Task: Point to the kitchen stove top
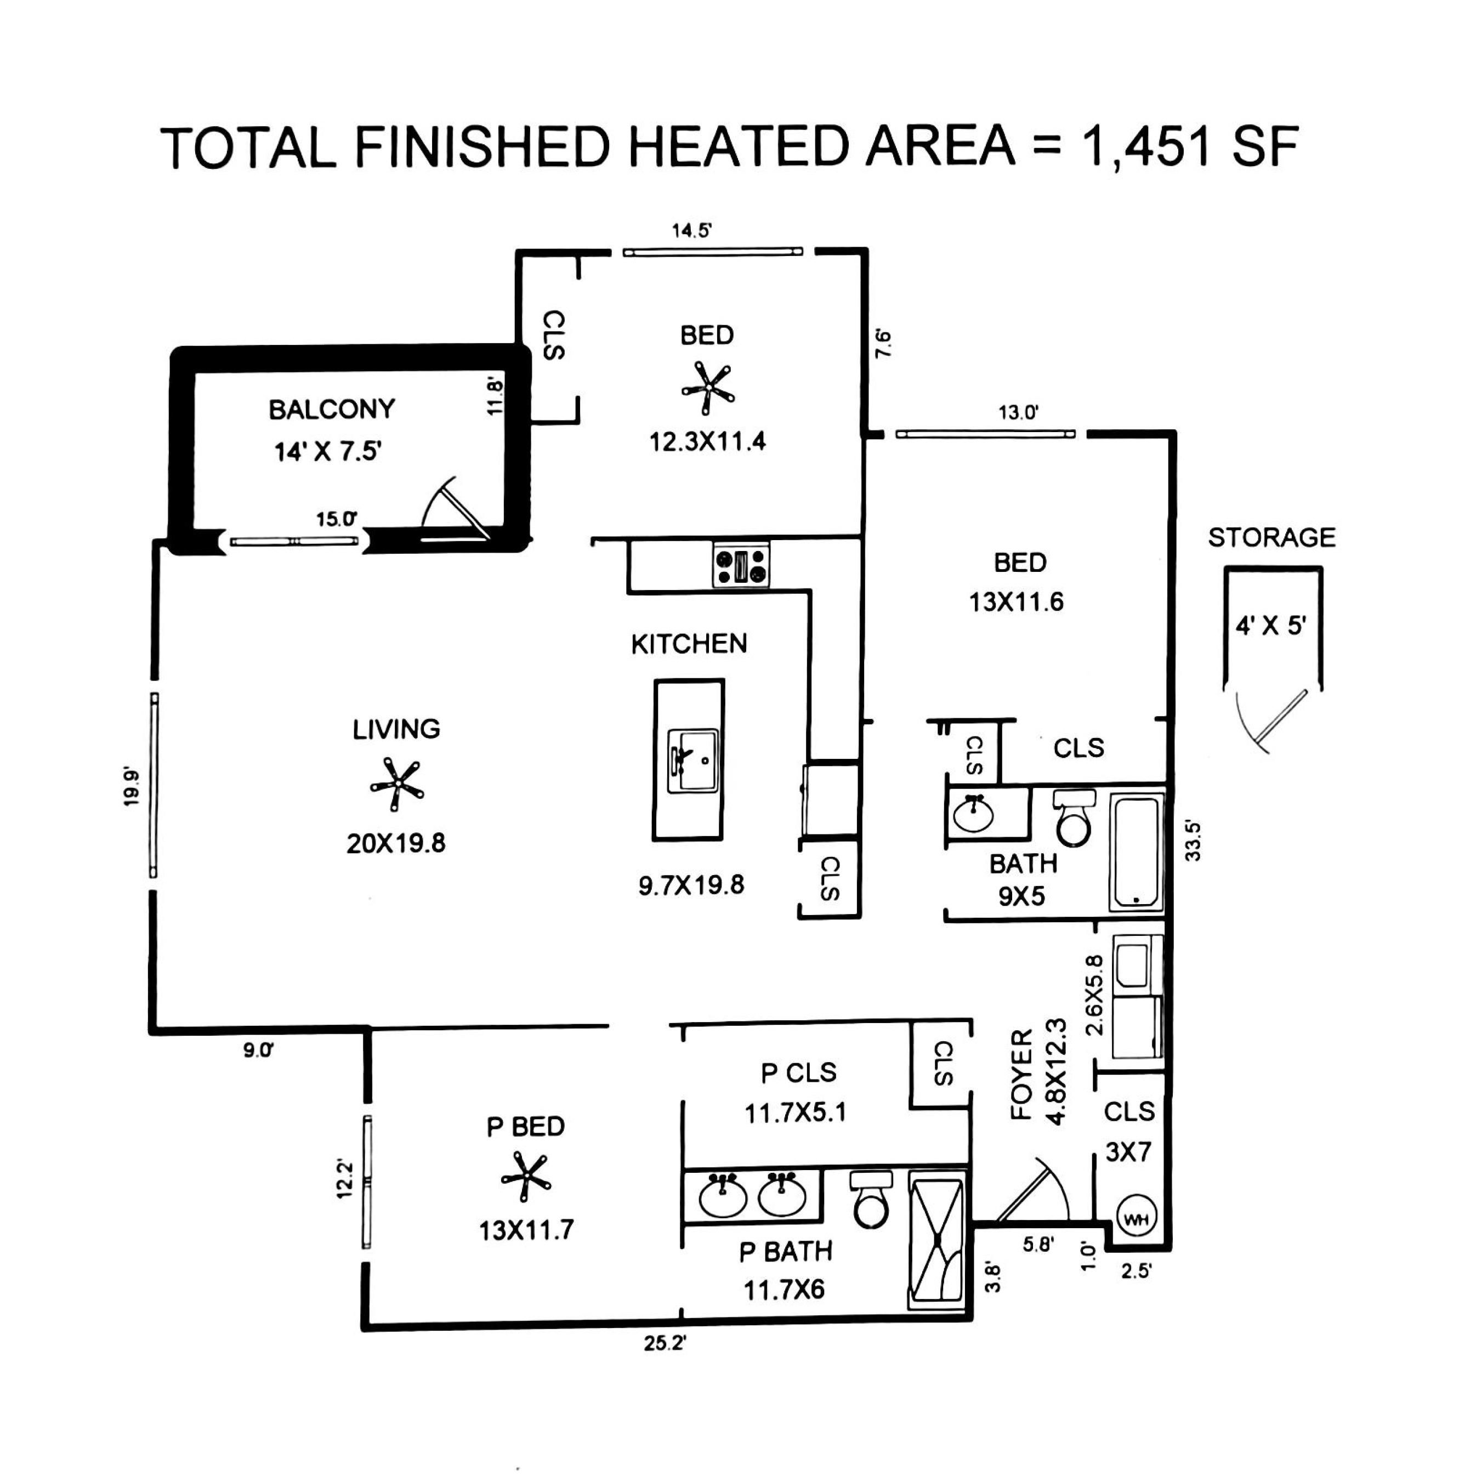pyautogui.click(x=741, y=565)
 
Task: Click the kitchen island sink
pyautogui.click(x=692, y=761)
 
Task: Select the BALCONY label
pyautogui.click(x=332, y=410)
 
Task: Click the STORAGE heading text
pyautogui.click(x=1271, y=537)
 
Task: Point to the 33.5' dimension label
pyautogui.click(x=1193, y=841)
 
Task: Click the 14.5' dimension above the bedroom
pyautogui.click(x=692, y=230)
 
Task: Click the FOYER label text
pyautogui.click(x=1021, y=1074)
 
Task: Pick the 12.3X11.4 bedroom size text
pyautogui.click(x=707, y=441)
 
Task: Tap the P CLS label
pyautogui.click(x=799, y=1072)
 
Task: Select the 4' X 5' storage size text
pyautogui.click(x=1271, y=625)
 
